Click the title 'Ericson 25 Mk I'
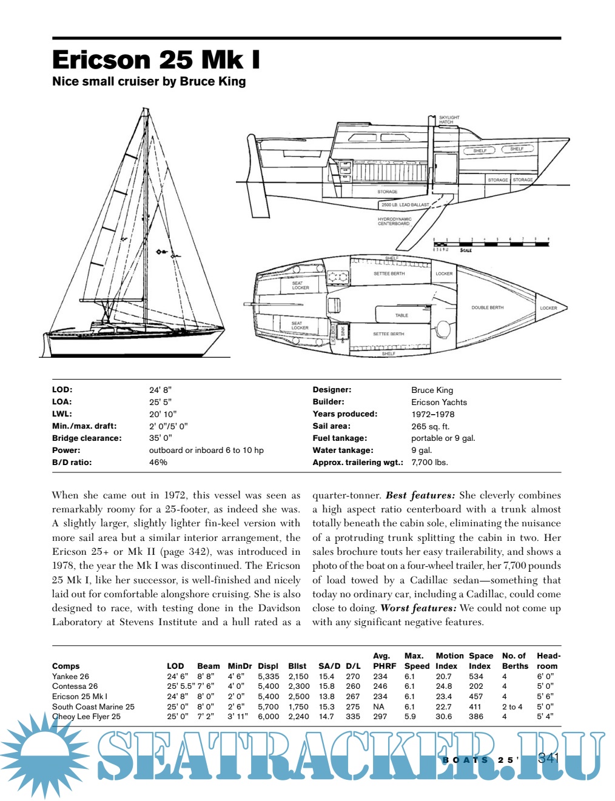(x=156, y=60)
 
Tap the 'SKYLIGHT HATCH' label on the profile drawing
(x=449, y=119)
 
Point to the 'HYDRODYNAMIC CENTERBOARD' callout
(x=394, y=221)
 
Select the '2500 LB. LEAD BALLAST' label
(x=405, y=205)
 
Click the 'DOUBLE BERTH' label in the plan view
(x=487, y=307)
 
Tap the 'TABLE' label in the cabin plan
(x=402, y=315)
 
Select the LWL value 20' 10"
(x=163, y=414)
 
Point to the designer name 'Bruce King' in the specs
(x=432, y=390)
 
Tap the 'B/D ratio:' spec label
(x=72, y=462)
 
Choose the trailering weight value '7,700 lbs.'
(x=429, y=462)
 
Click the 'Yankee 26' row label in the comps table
(x=70, y=676)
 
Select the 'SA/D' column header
(x=329, y=666)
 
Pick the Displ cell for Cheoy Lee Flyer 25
(x=269, y=716)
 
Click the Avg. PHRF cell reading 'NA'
(x=379, y=706)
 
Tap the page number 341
(x=548, y=758)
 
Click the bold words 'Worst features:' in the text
(x=418, y=608)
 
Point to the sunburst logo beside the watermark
(x=46, y=752)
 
